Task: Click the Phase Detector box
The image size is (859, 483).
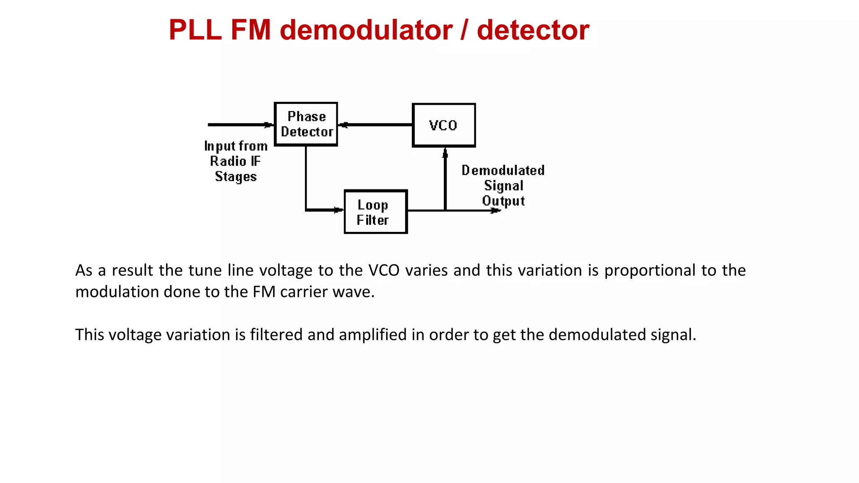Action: [306, 124]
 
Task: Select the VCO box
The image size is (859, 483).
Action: [444, 125]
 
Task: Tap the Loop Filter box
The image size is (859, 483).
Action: [375, 212]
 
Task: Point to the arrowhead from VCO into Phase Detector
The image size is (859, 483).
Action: [344, 125]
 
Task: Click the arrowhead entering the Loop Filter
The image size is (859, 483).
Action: [338, 210]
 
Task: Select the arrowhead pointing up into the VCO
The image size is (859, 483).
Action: [445, 154]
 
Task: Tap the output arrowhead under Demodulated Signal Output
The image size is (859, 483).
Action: [495, 210]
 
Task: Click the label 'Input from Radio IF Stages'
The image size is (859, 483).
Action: [236, 161]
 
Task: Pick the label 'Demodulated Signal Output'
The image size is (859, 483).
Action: [503, 185]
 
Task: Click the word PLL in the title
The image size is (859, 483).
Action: [195, 30]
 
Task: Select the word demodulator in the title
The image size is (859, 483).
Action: [366, 30]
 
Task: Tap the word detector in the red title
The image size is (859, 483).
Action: [533, 30]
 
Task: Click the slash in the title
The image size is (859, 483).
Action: [464, 30]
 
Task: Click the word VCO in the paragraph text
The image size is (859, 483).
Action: [384, 270]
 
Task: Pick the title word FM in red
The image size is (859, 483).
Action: [251, 30]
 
